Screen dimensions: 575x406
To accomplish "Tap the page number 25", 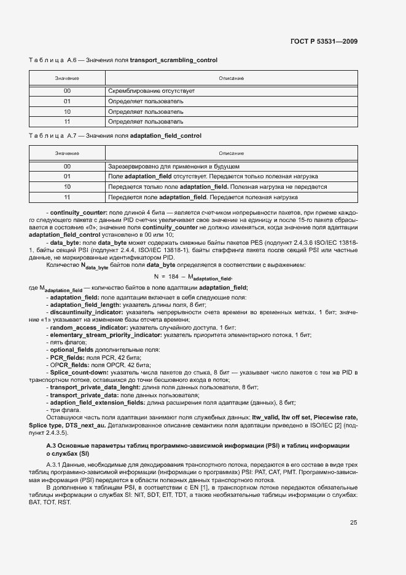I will (353, 523).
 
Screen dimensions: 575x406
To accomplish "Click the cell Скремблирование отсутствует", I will (152, 91).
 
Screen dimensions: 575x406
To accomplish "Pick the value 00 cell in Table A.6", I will (67, 91).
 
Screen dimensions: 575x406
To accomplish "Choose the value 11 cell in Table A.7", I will (67, 197).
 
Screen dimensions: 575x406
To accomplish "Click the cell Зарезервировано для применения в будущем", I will (174, 167).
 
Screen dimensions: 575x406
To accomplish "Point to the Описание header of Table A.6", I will (232, 79).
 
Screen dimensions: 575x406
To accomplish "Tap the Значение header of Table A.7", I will (67, 153).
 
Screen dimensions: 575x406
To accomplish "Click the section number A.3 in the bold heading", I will (53, 445).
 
